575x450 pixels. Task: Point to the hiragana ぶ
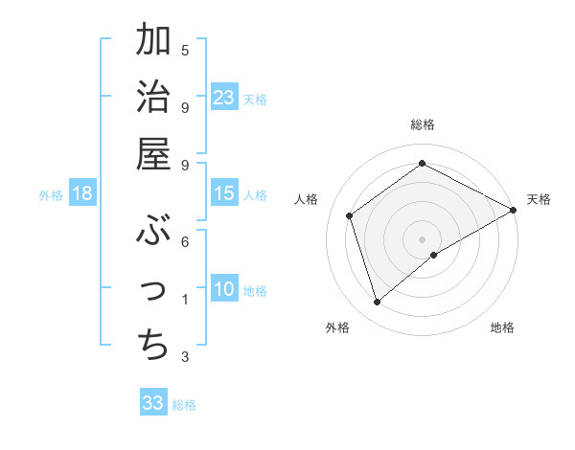coord(153,230)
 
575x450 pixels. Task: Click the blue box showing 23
coord(224,97)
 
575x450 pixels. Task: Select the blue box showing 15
coord(224,193)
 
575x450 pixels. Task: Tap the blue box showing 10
coord(224,289)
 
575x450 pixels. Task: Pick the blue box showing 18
coord(82,193)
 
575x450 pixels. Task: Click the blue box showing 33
coord(153,403)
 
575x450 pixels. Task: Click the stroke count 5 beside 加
coord(185,50)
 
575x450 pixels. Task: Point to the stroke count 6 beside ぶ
coord(185,242)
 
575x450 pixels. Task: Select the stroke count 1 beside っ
coord(185,301)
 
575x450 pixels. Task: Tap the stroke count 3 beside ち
coord(185,358)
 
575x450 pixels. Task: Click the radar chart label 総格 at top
coord(423,124)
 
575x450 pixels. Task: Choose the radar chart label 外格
coord(337,328)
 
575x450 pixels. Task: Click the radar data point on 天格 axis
coord(514,210)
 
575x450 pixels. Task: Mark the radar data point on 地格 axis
coord(434,255)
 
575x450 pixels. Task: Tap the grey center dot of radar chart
coord(423,238)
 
